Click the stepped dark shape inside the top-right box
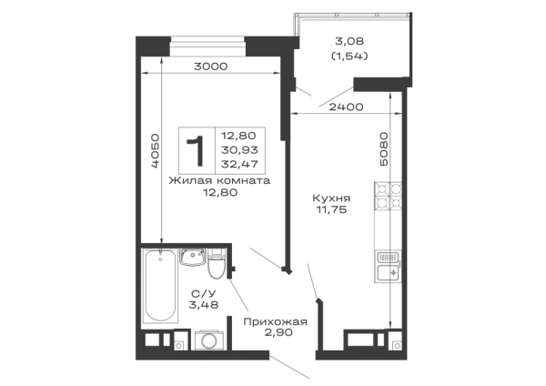pos(349,54)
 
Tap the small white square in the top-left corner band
pos(150,62)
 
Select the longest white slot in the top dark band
pos(255,62)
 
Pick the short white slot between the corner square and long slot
pos(178,62)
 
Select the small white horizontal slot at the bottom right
pos(360,339)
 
